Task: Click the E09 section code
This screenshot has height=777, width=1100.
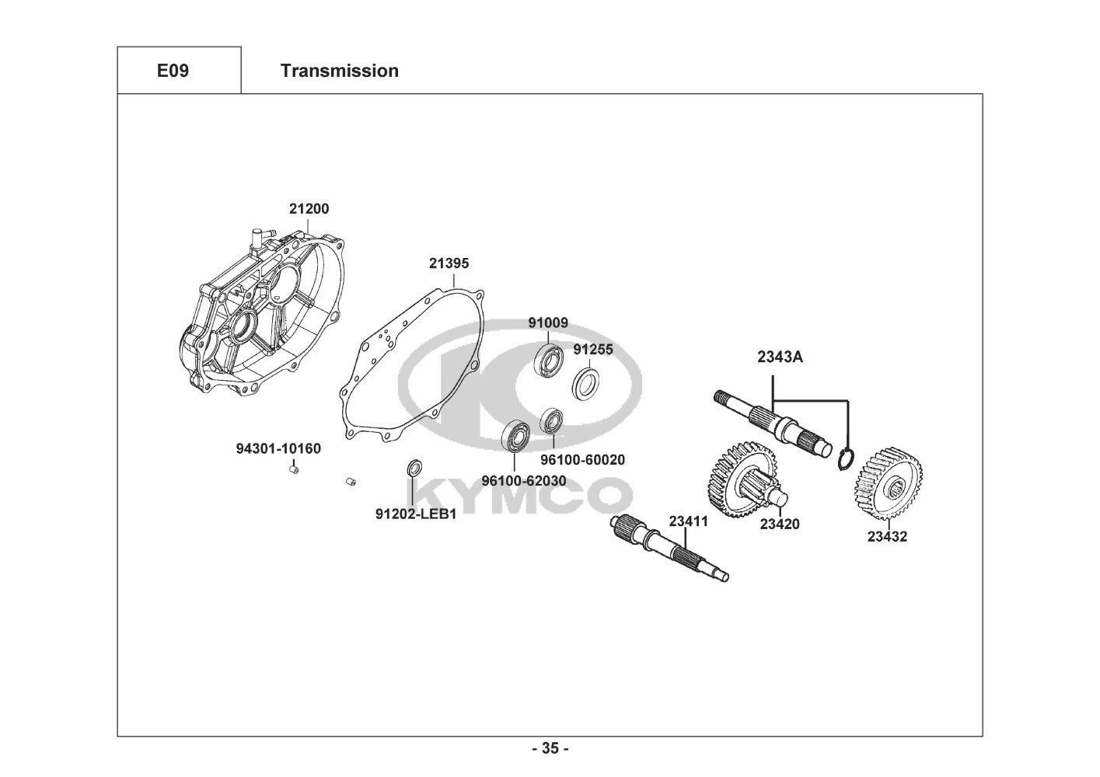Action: pyautogui.click(x=173, y=71)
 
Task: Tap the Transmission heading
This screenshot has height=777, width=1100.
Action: pyautogui.click(x=339, y=71)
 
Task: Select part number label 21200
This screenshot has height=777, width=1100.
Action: pyautogui.click(x=309, y=209)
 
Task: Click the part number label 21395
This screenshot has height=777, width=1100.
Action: pyautogui.click(x=449, y=263)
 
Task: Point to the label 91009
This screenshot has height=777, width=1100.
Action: pyautogui.click(x=548, y=322)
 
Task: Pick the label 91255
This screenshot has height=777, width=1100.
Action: pyautogui.click(x=593, y=350)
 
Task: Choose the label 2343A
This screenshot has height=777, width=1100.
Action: pyautogui.click(x=780, y=357)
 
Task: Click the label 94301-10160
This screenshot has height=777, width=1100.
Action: pyautogui.click(x=278, y=448)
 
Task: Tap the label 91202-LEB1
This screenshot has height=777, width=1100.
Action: pyautogui.click(x=416, y=514)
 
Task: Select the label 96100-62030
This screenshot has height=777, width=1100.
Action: pyautogui.click(x=523, y=481)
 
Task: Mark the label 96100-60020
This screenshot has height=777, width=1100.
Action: pyautogui.click(x=582, y=460)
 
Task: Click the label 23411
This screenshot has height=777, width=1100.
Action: pyautogui.click(x=689, y=521)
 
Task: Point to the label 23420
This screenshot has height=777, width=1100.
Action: pyautogui.click(x=779, y=524)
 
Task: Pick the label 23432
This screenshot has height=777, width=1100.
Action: pyautogui.click(x=887, y=536)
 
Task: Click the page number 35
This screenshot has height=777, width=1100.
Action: pyautogui.click(x=550, y=748)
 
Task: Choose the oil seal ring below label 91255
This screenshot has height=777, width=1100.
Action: pyautogui.click(x=586, y=384)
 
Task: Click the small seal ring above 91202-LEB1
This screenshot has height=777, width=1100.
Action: pyautogui.click(x=416, y=469)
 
